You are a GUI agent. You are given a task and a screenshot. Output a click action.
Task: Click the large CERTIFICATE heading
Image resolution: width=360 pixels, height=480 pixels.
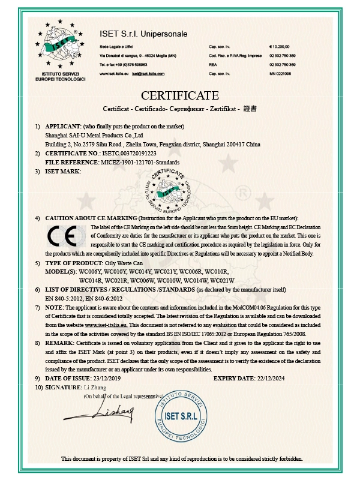(179, 95)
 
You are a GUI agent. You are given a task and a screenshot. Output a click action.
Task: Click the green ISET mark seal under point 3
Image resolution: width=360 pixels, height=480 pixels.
(170, 191)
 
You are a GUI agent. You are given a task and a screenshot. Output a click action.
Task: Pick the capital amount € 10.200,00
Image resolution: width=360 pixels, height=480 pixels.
(280, 46)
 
